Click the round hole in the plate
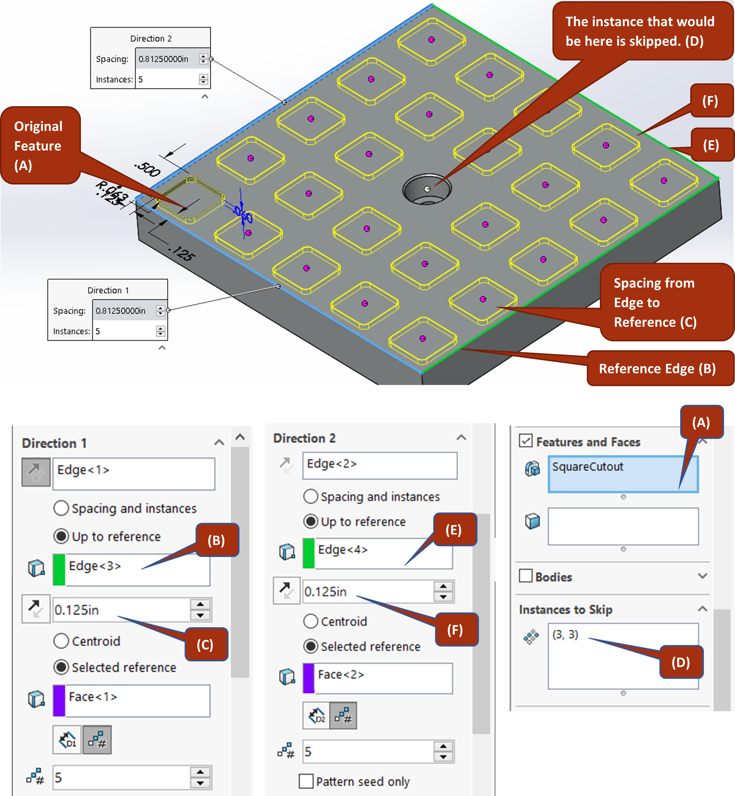[427, 189]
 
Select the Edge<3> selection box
[132, 569]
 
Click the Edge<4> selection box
[378, 553]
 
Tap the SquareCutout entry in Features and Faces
[623, 474]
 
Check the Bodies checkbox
[525, 576]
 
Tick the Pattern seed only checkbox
[306, 781]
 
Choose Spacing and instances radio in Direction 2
[311, 496]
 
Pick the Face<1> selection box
[132, 701]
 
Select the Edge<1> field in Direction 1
[134, 474]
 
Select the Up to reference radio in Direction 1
[61, 536]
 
